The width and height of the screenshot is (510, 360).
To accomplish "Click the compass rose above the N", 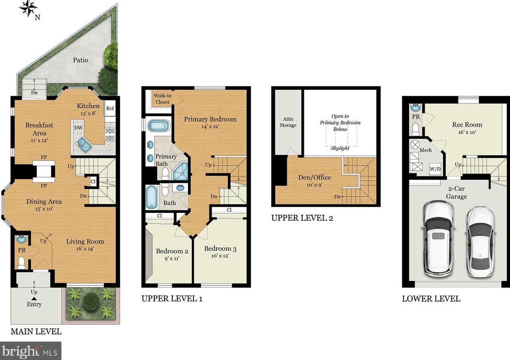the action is point(28,8).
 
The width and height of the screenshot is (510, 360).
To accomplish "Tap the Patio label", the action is point(81,60).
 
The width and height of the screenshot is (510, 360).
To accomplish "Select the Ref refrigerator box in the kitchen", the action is point(110,108).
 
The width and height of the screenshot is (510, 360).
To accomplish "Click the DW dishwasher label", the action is point(78,128).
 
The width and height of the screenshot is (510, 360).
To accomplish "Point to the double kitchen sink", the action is point(84,145).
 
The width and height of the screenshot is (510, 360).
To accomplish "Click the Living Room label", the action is point(85,241).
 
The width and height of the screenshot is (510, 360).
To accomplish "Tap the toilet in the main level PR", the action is point(21,263).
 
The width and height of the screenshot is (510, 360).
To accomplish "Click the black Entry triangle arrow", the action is point(34,298).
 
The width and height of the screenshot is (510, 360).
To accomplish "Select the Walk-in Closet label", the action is point(162,99).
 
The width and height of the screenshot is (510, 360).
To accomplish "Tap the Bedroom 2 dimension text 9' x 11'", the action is point(172,258).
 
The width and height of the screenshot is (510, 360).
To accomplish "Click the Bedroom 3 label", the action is point(220,249).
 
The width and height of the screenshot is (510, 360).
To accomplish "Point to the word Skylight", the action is point(340,148).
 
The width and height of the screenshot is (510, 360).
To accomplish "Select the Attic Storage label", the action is point(288,122).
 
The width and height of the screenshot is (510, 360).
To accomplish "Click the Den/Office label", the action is point(314,178).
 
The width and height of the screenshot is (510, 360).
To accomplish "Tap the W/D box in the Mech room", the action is point(435,169).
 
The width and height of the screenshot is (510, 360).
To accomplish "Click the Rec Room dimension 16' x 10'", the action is point(467,132).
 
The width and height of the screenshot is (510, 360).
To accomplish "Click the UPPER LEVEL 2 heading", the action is point(302,218).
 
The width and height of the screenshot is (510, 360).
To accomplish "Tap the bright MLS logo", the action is point(31,351).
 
